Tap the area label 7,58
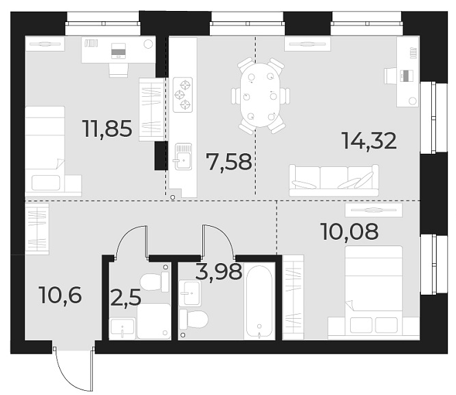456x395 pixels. point(229,163)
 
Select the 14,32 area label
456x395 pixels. point(369,141)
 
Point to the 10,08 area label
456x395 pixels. point(349,232)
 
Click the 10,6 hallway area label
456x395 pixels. point(61,296)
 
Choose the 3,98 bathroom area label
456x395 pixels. point(219,272)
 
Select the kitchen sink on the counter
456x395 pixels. point(183,157)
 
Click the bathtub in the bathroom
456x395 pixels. point(259,302)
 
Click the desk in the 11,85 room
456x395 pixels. point(117,49)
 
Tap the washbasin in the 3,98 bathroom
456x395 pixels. point(190,293)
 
